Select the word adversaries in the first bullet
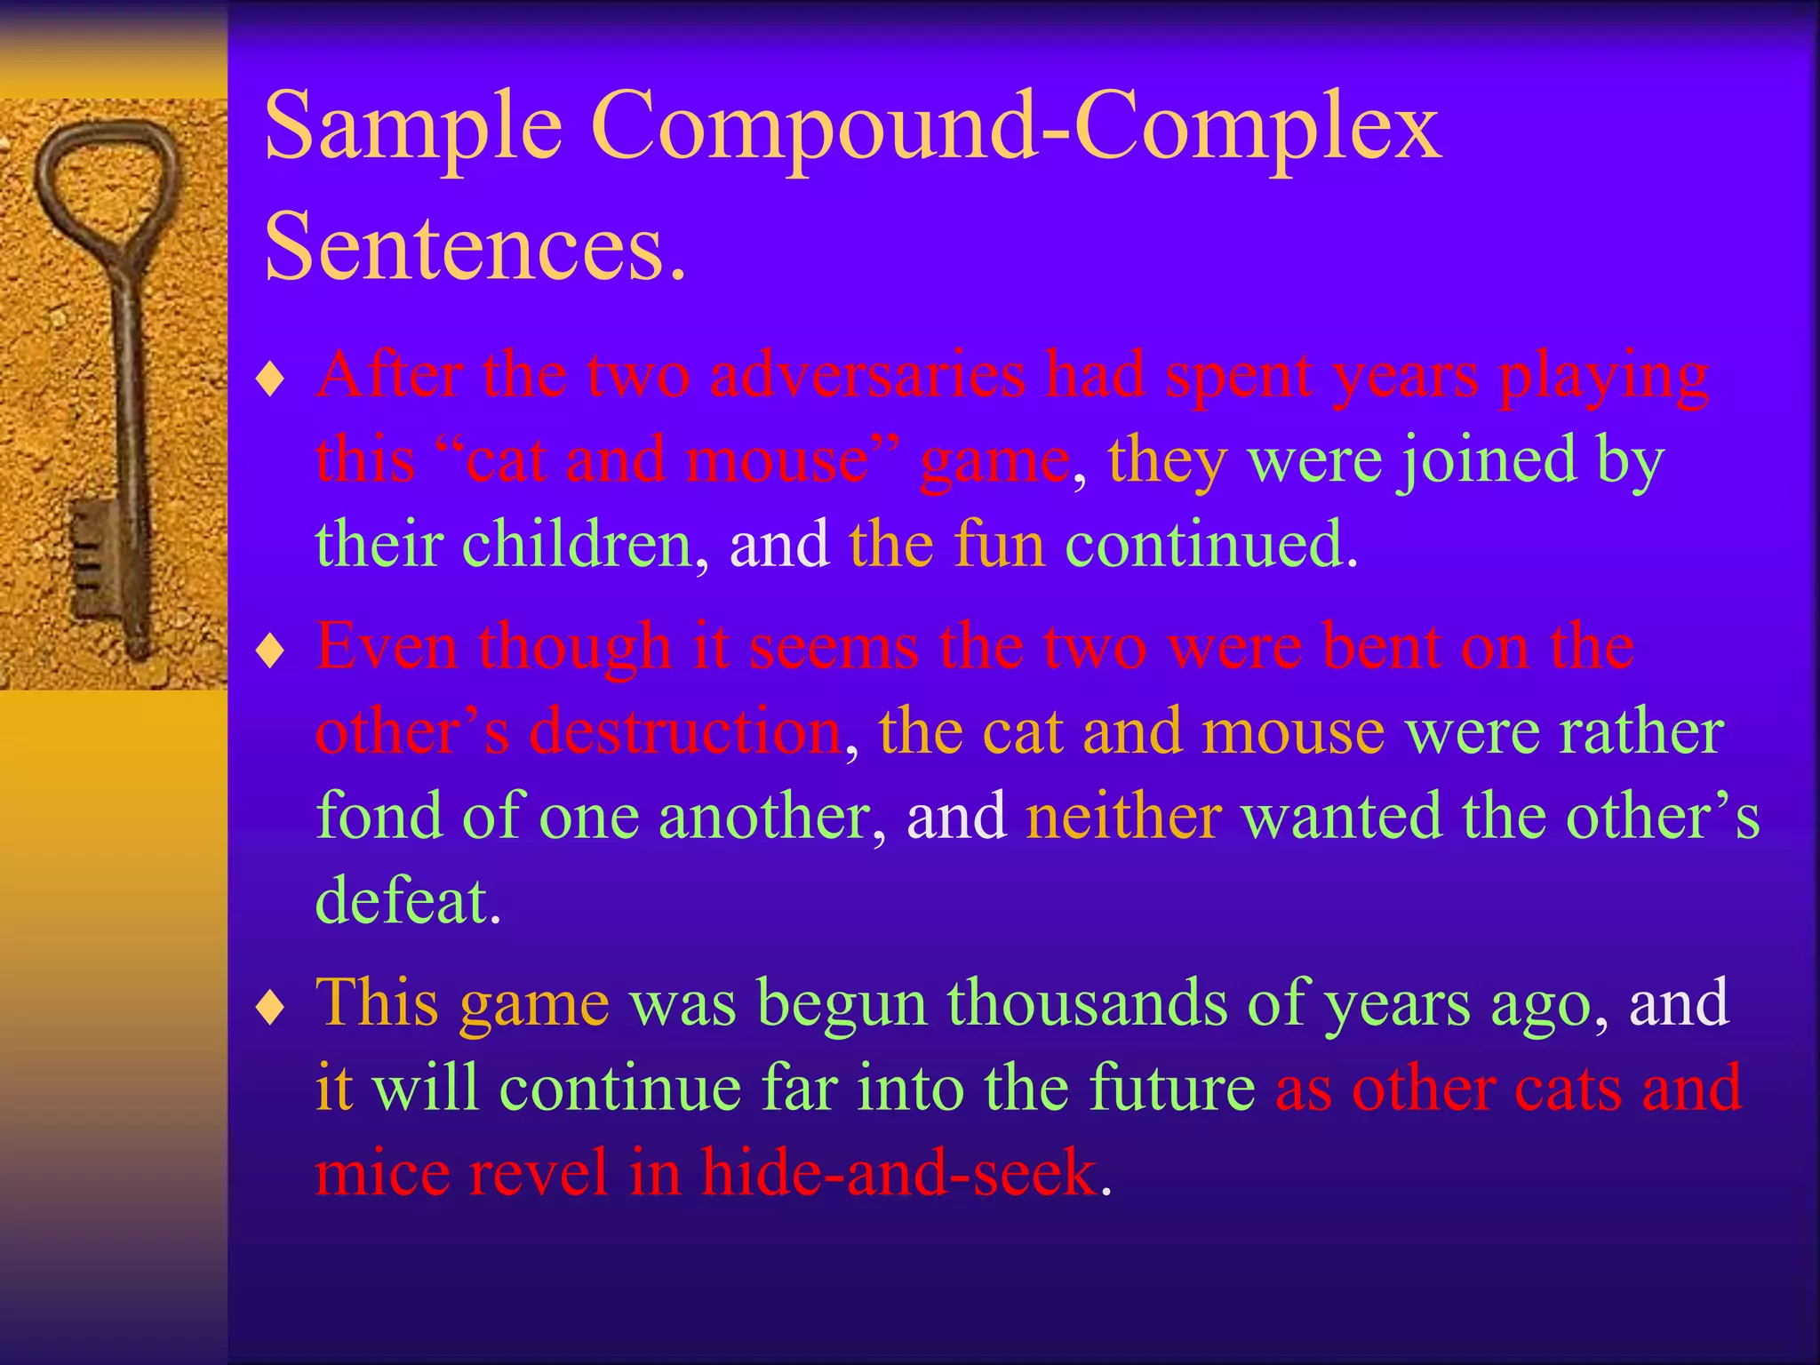[867, 375]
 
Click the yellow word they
[1167, 460]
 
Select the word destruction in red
[685, 731]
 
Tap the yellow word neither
[1123, 816]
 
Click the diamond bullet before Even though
[269, 651]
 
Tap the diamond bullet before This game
[269, 1008]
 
